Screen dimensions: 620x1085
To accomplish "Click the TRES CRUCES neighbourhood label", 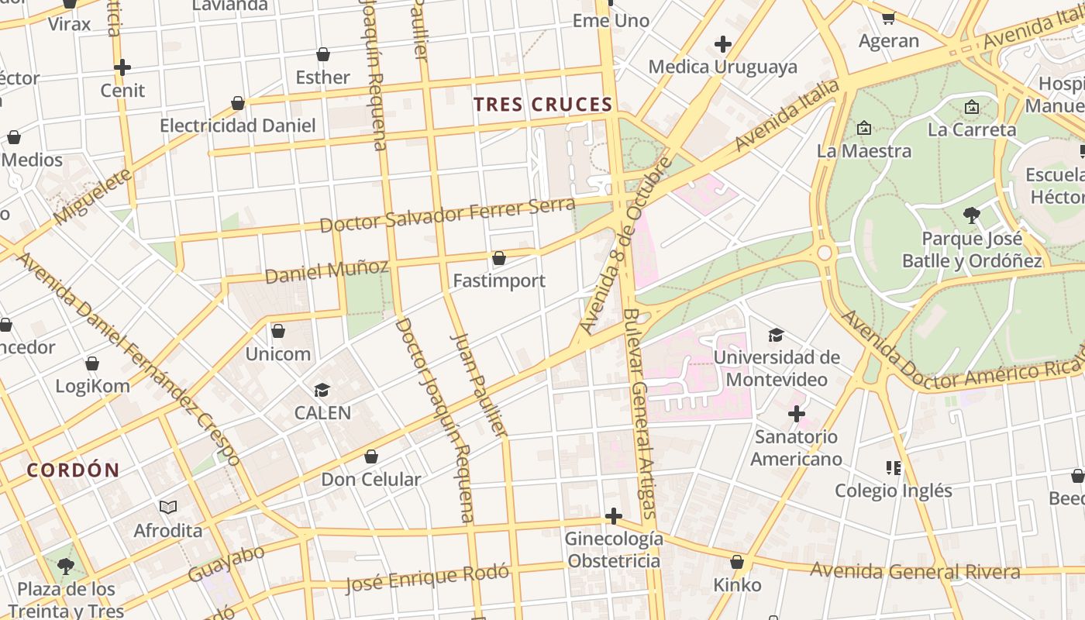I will coord(542,104).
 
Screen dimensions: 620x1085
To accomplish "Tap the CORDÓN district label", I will coord(74,470).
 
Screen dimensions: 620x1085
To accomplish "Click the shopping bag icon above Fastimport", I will coord(499,258).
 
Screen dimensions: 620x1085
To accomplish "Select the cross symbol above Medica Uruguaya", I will coord(723,44).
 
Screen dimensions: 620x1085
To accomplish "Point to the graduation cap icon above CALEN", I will coord(322,390).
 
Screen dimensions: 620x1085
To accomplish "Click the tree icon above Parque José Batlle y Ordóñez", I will coord(972,215).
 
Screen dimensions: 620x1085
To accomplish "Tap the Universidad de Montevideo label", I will coord(777,368).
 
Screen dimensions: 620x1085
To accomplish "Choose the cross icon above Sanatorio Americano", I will coord(796,414).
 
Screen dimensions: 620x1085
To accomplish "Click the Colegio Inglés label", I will coord(894,491).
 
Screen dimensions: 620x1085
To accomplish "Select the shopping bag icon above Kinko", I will coord(737,562).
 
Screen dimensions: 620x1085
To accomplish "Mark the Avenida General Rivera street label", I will coord(914,572).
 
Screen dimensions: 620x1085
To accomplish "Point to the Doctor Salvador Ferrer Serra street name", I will coord(447,215).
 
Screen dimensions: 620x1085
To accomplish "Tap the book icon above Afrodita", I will coord(168,508).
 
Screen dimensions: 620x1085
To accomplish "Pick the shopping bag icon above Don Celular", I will coord(371,456).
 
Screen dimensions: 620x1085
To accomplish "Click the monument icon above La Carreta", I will coord(972,107).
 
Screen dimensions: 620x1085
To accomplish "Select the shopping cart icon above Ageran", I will coord(888,17).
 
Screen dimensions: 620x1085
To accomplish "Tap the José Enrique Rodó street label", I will coord(428,577).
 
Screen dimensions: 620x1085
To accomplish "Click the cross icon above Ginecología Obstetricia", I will coord(613,516).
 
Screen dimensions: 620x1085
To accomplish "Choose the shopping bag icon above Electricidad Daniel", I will coord(238,103).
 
